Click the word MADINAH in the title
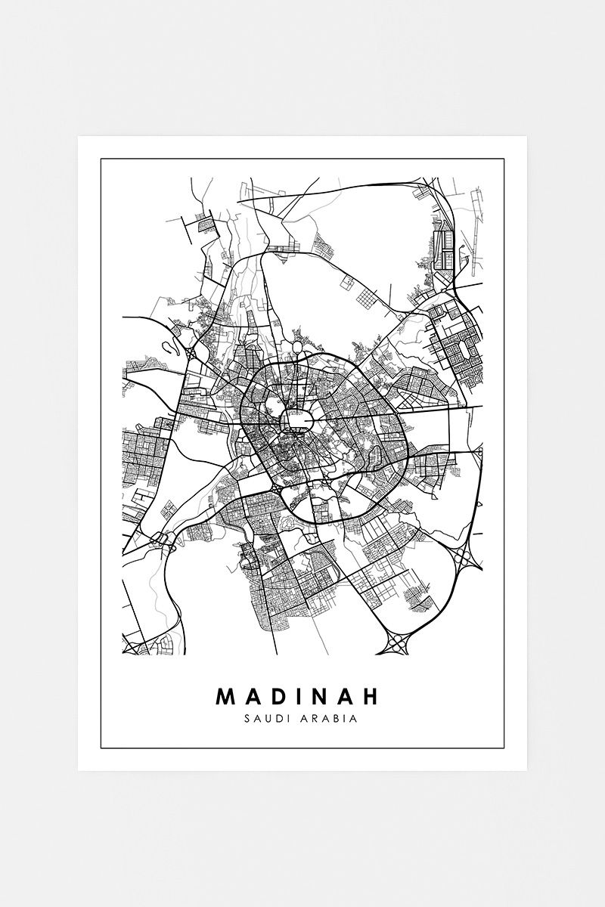[x=302, y=695]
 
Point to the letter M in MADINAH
[x=226, y=695]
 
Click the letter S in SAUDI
[x=248, y=718]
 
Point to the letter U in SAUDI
[x=266, y=718]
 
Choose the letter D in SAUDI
[x=275, y=718]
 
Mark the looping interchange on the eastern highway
[x=463, y=559]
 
